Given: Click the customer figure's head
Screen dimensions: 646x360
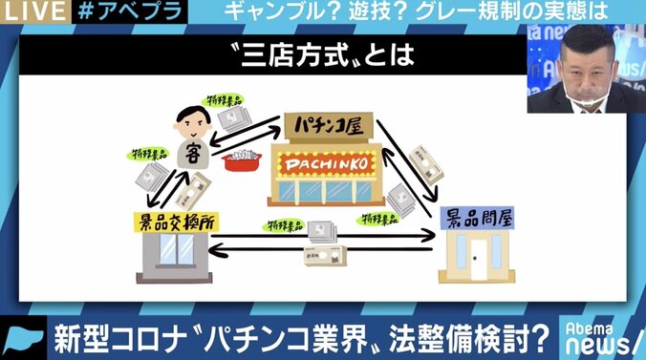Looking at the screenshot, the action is click(191, 123).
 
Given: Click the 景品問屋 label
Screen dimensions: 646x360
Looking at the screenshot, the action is click(476, 218).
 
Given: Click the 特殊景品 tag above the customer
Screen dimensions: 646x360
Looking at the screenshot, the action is click(220, 98).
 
